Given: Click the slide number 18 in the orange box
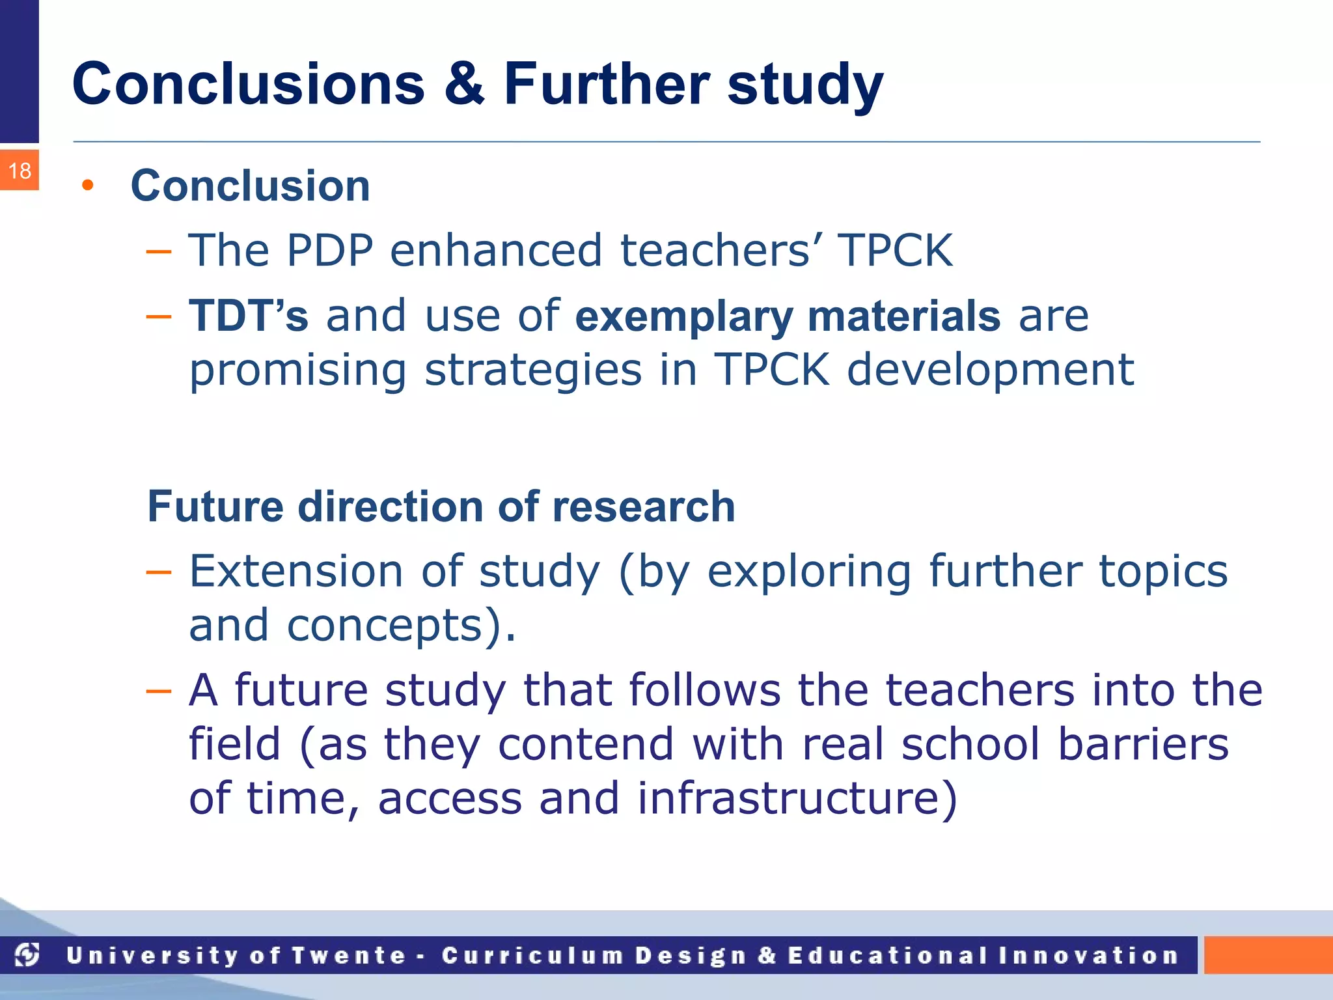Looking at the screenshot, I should click(20, 171).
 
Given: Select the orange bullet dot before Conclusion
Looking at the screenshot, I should click(88, 186).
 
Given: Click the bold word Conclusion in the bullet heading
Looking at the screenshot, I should click(251, 186).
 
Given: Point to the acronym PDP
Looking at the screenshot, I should click(329, 250).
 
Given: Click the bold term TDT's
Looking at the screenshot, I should click(248, 316).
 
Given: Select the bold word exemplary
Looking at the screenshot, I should click(684, 317).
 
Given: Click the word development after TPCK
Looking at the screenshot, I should click(990, 370).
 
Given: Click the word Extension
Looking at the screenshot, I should click(296, 571).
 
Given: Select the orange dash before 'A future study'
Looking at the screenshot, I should click(158, 691).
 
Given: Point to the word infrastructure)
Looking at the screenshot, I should click(797, 798).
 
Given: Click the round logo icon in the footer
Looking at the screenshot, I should click(27, 955).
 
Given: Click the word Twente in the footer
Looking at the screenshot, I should click(348, 956).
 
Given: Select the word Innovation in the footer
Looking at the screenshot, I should click(1089, 956).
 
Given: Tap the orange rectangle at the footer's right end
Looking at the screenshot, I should click(1267, 955).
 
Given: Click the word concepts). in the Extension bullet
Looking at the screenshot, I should click(401, 625).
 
